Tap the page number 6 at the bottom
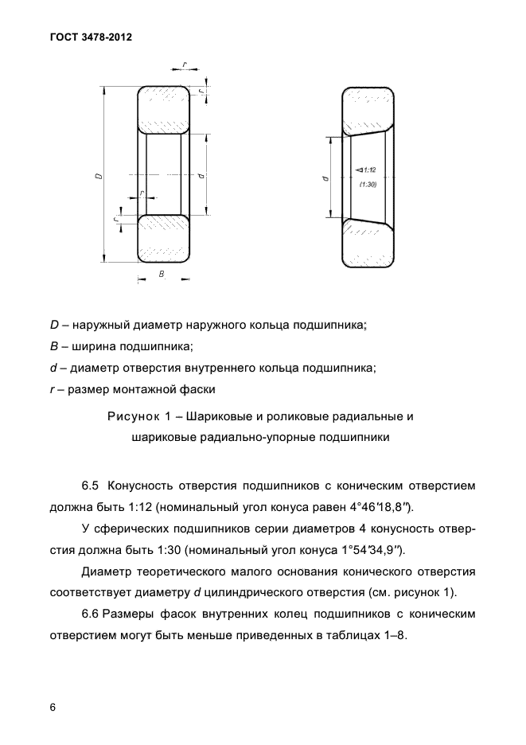coord(53,707)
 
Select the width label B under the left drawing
coord(162,274)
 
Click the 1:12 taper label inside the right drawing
coord(367,169)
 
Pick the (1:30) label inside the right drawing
coord(367,185)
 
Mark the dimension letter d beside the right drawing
coord(327,178)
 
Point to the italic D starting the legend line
coord(54,326)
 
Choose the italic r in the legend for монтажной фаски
coord(52,389)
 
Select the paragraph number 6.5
coord(92,486)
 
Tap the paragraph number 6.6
coord(92,614)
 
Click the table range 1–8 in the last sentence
coord(392,636)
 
